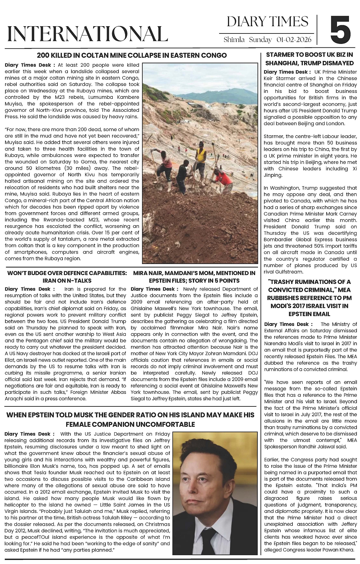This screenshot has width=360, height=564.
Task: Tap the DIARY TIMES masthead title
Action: [267, 21]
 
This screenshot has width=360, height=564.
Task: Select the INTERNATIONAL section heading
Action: [87, 33]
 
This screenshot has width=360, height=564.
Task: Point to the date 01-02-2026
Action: [294, 40]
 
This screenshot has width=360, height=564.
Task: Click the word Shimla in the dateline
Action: [234, 40]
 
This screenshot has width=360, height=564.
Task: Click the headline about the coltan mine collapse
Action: [132, 55]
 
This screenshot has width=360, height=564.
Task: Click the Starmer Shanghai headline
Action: [309, 59]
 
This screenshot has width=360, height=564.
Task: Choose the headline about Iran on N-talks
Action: [67, 277]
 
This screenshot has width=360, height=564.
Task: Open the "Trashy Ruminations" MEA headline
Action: [309, 297]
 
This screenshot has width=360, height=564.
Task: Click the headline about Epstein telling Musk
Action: [130, 419]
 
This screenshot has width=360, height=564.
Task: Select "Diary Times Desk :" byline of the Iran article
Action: [29, 289]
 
